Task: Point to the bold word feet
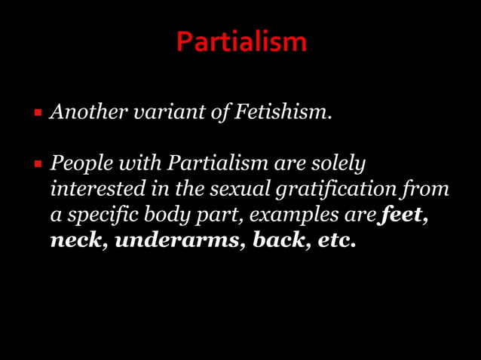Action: click(x=403, y=215)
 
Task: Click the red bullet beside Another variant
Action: click(x=38, y=113)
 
